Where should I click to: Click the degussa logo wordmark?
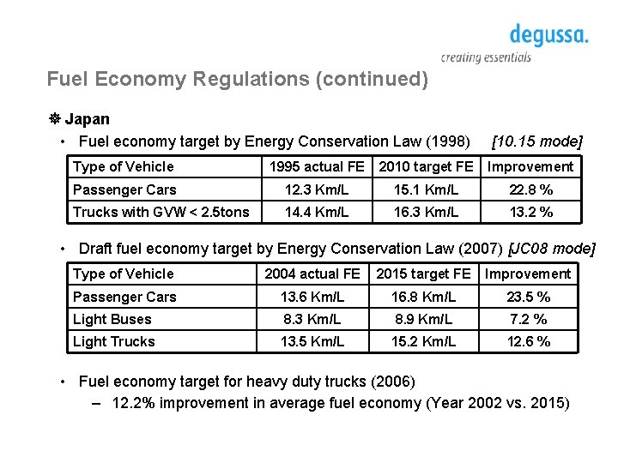tap(548, 36)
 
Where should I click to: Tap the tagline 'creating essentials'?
tap(486, 57)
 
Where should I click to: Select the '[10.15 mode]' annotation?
tap(536, 141)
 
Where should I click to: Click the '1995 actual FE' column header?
tap(317, 166)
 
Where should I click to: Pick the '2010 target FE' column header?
tap(426, 166)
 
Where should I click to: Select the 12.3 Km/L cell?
tap(317, 189)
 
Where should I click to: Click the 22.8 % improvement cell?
tap(530, 189)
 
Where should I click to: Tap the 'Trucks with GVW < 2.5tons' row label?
tap(161, 212)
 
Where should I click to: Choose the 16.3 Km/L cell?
tap(426, 212)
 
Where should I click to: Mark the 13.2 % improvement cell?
tap(530, 212)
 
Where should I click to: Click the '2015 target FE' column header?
tap(423, 274)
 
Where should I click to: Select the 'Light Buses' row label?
tap(112, 319)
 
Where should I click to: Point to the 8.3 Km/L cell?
tap(312, 319)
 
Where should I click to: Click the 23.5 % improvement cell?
tap(528, 297)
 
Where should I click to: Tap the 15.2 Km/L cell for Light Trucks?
tap(423, 341)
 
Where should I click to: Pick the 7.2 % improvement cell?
tap(528, 319)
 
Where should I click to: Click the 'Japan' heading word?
tap(87, 119)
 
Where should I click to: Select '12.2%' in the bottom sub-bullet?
tap(134, 404)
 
